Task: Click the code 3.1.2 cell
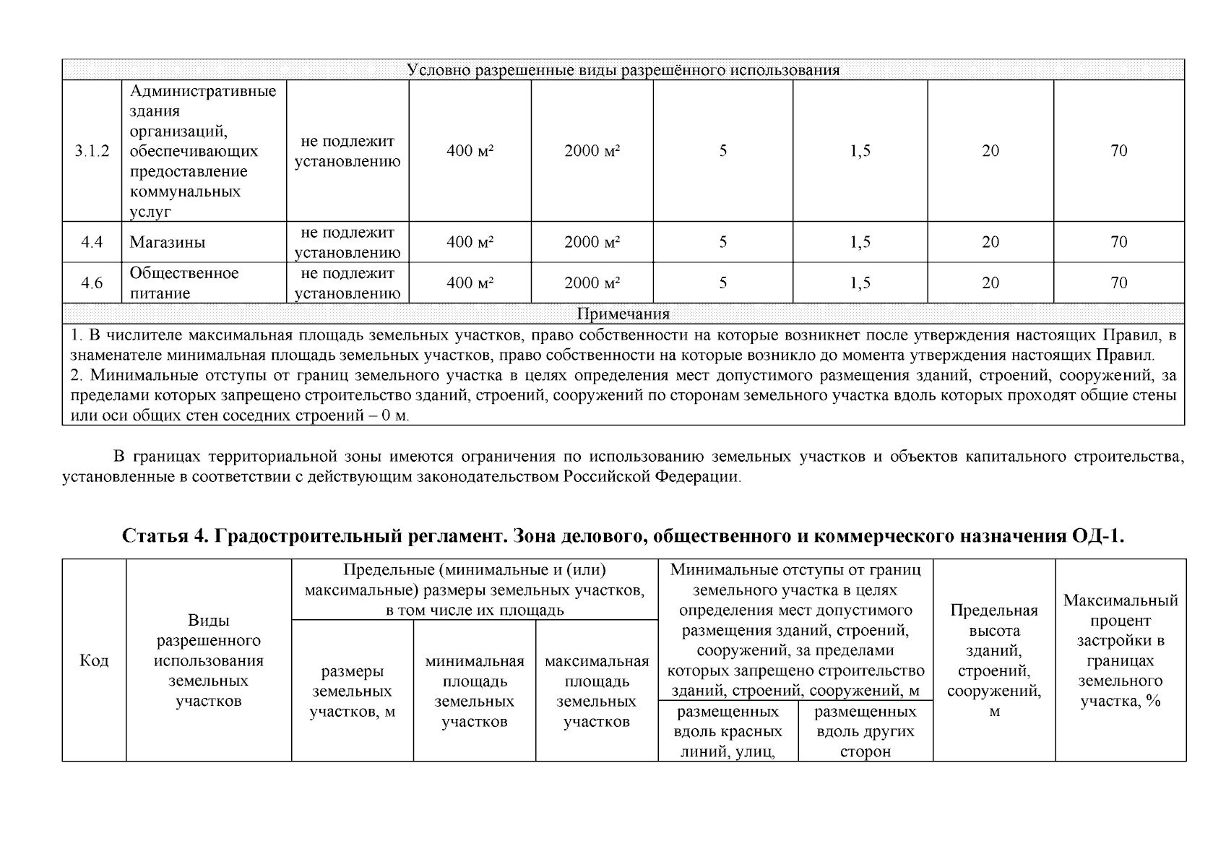tap(92, 151)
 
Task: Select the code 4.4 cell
tap(92, 242)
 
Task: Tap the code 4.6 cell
tap(92, 283)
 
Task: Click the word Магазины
tap(167, 242)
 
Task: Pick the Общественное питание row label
tap(184, 283)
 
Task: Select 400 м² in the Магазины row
tap(470, 242)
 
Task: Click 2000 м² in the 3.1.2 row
tap(592, 151)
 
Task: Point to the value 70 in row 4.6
tap(1118, 283)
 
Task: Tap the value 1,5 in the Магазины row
tap(860, 242)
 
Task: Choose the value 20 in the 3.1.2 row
tap(990, 151)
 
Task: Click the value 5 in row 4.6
tap(722, 283)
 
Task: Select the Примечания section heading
tap(623, 314)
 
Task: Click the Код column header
tap(94, 661)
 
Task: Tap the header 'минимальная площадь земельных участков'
tap(475, 691)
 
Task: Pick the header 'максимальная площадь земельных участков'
tap(597, 691)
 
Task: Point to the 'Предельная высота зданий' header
tap(994, 660)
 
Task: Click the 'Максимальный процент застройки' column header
tap(1121, 650)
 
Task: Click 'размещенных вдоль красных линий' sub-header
tap(728, 732)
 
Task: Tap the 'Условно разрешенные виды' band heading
tap(623, 70)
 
